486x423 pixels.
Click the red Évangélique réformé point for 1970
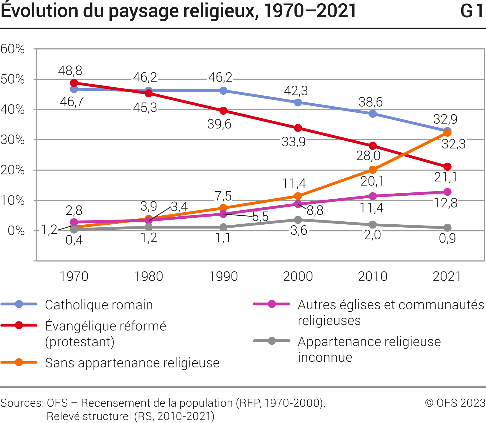click(74, 83)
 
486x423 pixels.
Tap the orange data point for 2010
click(372, 170)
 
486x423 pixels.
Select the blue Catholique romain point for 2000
click(298, 102)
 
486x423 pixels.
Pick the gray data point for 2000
click(298, 220)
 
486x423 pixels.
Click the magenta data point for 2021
click(447, 192)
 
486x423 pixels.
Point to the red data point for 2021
click(447, 167)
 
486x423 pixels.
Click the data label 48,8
click(70, 71)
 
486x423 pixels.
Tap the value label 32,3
click(453, 144)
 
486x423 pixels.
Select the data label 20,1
click(372, 181)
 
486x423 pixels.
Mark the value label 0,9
click(447, 238)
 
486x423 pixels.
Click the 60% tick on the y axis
click(13, 49)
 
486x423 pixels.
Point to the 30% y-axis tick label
click(13, 140)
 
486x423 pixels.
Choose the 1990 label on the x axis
click(223, 276)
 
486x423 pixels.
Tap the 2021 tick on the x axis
click(447, 276)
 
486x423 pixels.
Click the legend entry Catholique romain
click(99, 305)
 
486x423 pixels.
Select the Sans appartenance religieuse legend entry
click(132, 363)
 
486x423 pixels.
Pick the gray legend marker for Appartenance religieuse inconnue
click(272, 341)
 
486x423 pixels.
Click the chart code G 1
click(472, 11)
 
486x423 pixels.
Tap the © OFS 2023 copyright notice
click(455, 403)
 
